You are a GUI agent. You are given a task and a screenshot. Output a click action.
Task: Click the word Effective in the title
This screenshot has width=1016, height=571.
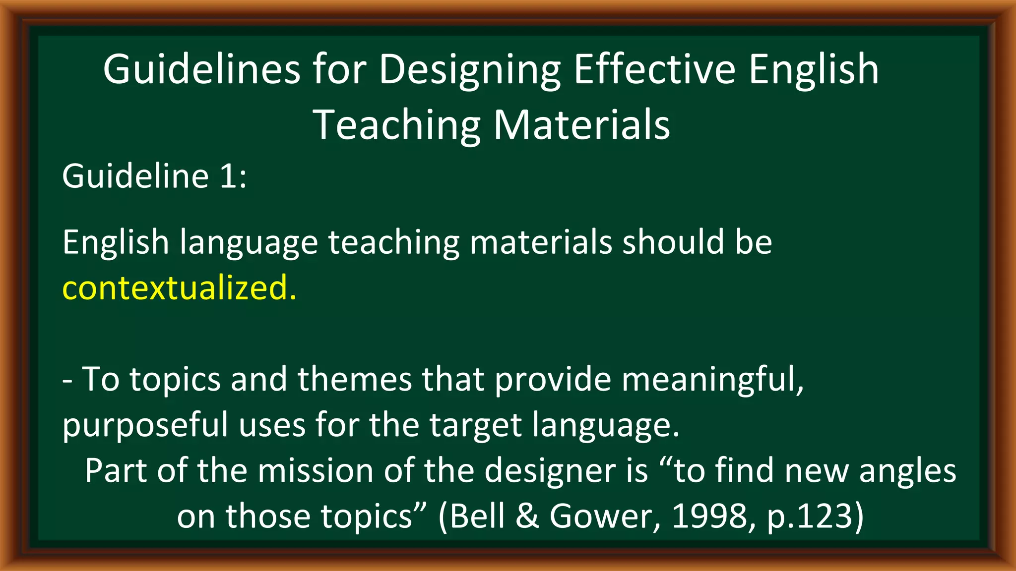click(654, 69)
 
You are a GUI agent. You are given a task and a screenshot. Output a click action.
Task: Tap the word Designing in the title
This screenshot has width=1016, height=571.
click(469, 69)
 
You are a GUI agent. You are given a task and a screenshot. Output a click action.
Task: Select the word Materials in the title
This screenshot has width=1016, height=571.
click(581, 125)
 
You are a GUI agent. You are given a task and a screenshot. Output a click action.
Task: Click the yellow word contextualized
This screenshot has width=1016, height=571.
click(179, 287)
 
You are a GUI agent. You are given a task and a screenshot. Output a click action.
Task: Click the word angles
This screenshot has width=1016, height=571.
click(907, 470)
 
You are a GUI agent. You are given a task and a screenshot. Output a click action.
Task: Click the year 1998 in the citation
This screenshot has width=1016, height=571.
click(709, 516)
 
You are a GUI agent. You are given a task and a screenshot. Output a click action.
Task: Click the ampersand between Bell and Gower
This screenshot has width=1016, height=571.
click(527, 516)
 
